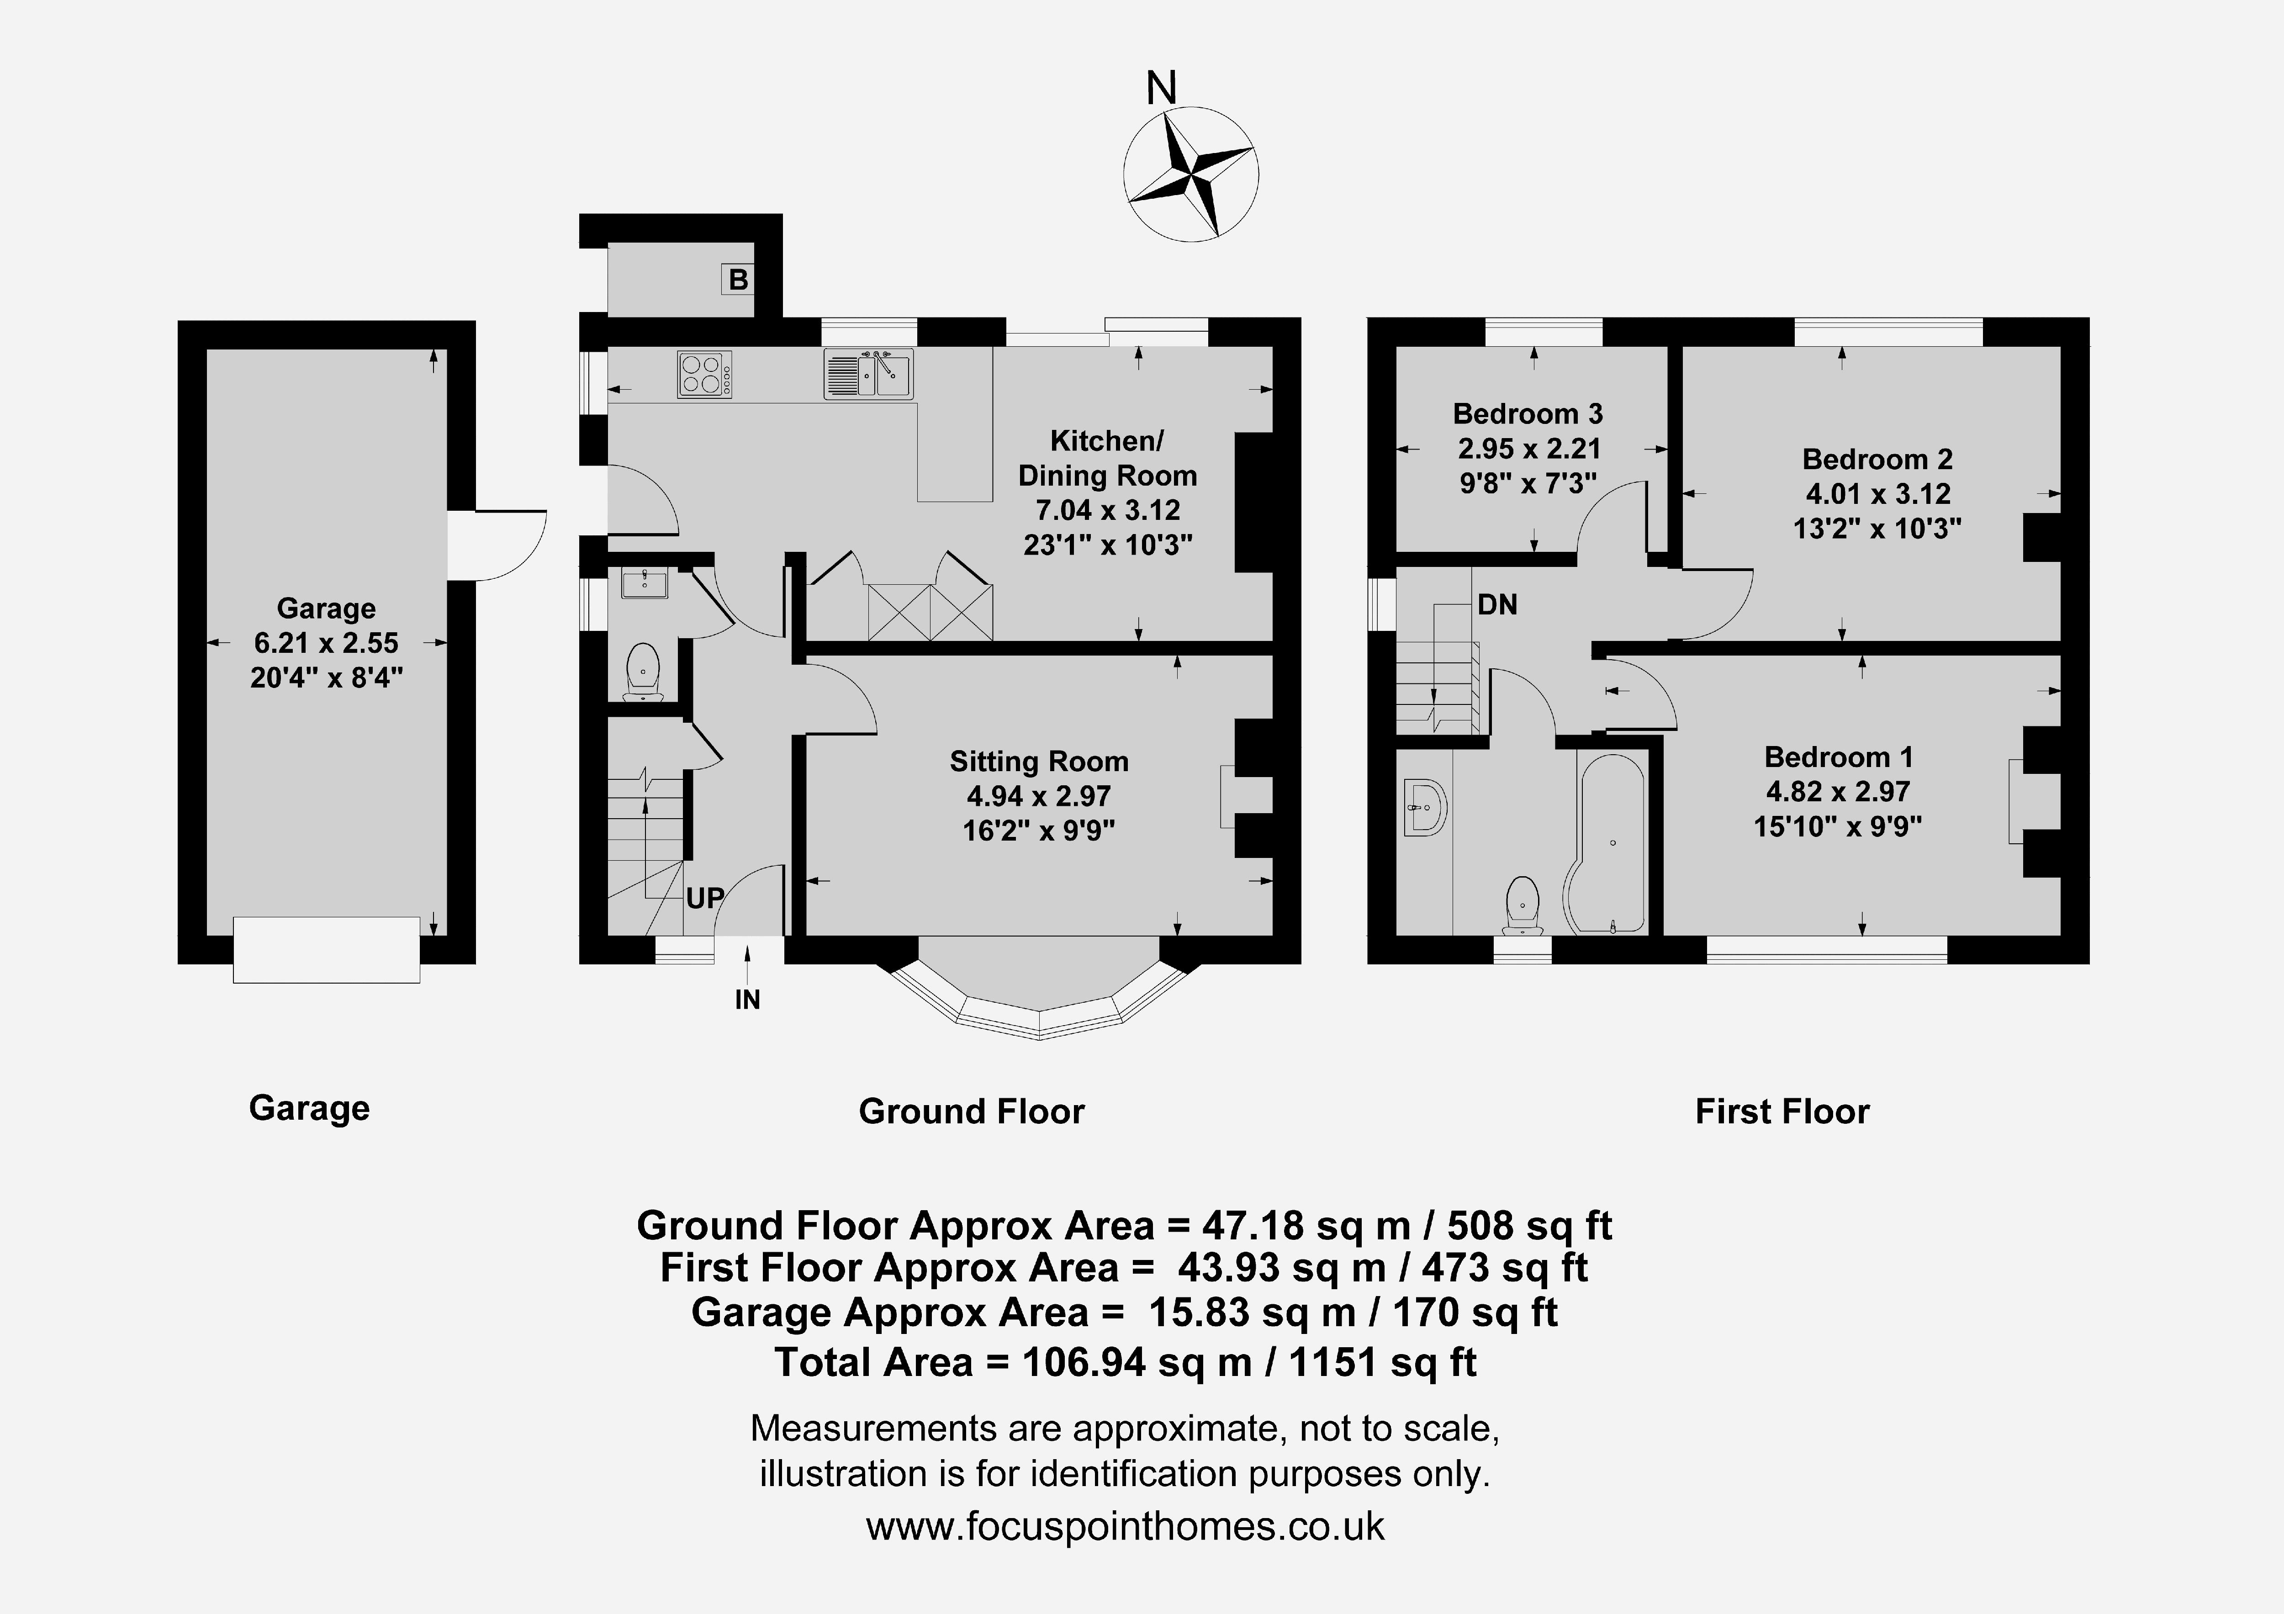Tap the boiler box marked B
737,280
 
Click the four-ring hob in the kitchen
704,375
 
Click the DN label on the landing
1497,604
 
